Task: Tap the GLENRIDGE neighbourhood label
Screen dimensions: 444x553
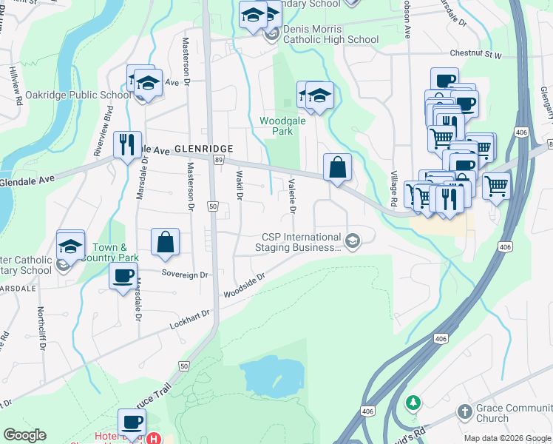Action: [204, 148]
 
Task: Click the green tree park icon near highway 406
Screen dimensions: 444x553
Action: [414, 403]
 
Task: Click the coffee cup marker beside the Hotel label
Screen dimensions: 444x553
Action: [133, 423]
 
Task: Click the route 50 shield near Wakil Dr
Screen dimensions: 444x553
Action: [212, 208]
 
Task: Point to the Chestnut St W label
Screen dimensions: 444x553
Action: [476, 55]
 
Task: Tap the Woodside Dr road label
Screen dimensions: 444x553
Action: [245, 286]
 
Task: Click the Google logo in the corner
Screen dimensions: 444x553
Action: [25, 435]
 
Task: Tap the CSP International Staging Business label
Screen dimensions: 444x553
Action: [302, 242]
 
